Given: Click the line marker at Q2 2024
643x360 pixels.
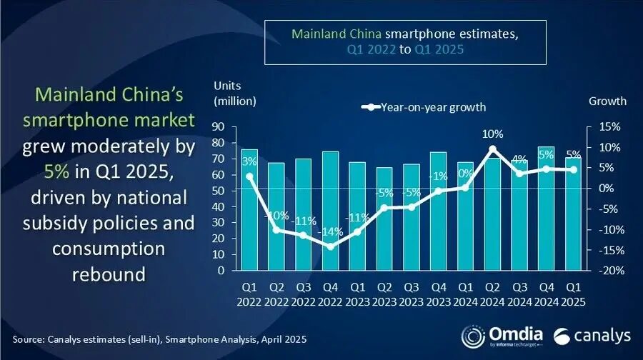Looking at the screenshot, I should point(492,149).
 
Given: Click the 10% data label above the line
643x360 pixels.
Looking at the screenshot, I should point(492,134).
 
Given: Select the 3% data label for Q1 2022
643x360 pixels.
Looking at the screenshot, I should point(249,161).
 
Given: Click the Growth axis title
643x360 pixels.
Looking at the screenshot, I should point(607,101).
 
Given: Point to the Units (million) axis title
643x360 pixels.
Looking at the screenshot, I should point(234,93).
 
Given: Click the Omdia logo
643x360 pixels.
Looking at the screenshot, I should point(502,336).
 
